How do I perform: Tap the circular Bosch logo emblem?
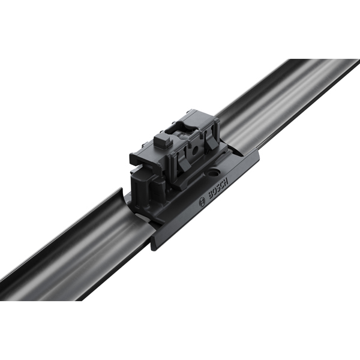pos(202,202)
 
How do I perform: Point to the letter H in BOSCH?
pos(226,180)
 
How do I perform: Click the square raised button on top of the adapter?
pos(163,141)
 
